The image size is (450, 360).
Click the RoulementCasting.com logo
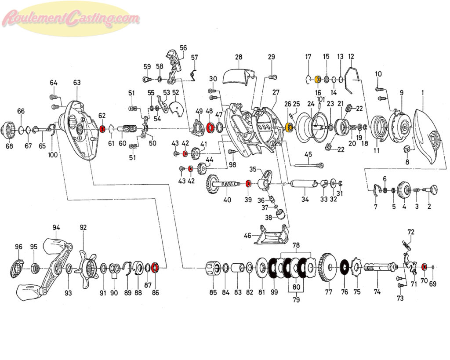click(x=71, y=18)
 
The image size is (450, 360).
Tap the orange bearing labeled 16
click(x=318, y=80)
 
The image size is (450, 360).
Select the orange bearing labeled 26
click(x=289, y=127)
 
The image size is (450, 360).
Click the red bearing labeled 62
click(x=102, y=129)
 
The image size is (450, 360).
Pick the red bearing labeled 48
click(x=210, y=126)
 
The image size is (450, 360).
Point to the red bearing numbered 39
click(x=249, y=183)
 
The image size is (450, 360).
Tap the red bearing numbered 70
click(x=424, y=267)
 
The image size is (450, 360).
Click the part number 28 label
click(x=239, y=57)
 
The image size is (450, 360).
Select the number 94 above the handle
click(x=56, y=228)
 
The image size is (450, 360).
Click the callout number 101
click(x=320, y=99)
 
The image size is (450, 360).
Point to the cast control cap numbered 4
click(x=404, y=190)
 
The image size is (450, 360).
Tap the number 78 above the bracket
click(x=296, y=245)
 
